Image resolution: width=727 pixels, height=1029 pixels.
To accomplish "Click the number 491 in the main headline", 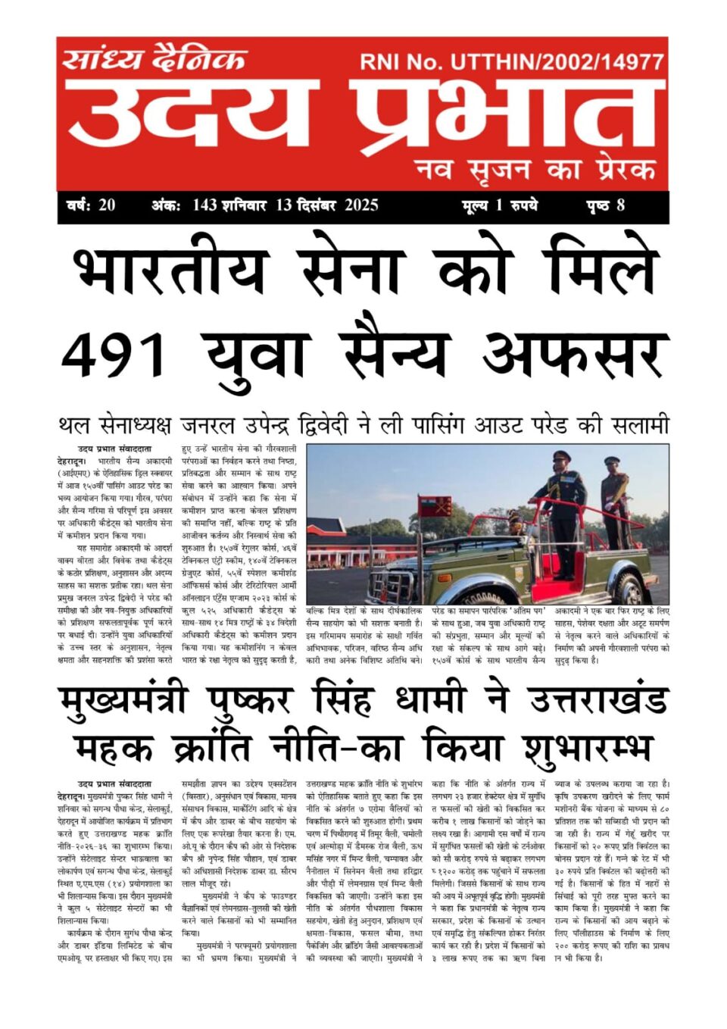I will pos(114,354).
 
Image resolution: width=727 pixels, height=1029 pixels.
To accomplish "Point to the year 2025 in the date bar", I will pos(361,205).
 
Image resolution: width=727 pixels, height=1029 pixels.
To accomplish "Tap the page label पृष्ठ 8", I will pos(605,205).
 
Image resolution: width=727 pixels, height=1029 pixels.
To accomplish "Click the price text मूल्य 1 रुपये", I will pos(501,205).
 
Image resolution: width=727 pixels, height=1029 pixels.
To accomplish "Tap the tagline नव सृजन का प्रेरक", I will pos(535,168).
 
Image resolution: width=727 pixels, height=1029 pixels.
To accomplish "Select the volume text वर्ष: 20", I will pos(91,205).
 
